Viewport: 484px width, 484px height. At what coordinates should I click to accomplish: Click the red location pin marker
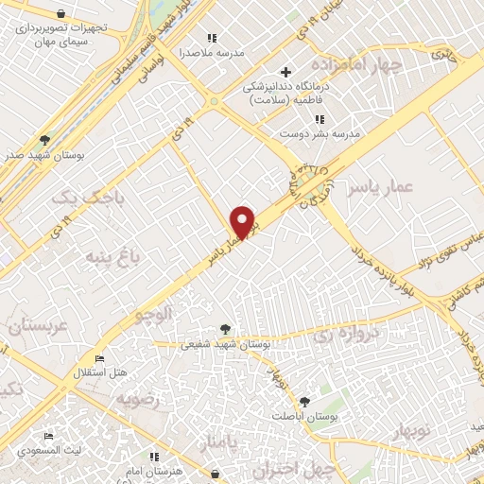coord(244,222)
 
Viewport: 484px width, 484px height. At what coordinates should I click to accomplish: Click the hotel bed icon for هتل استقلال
coord(101,358)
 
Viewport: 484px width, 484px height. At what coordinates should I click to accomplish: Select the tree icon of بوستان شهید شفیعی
coord(225,329)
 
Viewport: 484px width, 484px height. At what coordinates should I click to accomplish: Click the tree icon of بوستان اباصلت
coord(304,402)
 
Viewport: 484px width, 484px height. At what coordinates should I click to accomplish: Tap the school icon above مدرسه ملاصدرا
coord(212,38)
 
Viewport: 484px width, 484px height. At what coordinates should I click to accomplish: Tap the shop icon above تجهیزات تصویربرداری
coord(61,14)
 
